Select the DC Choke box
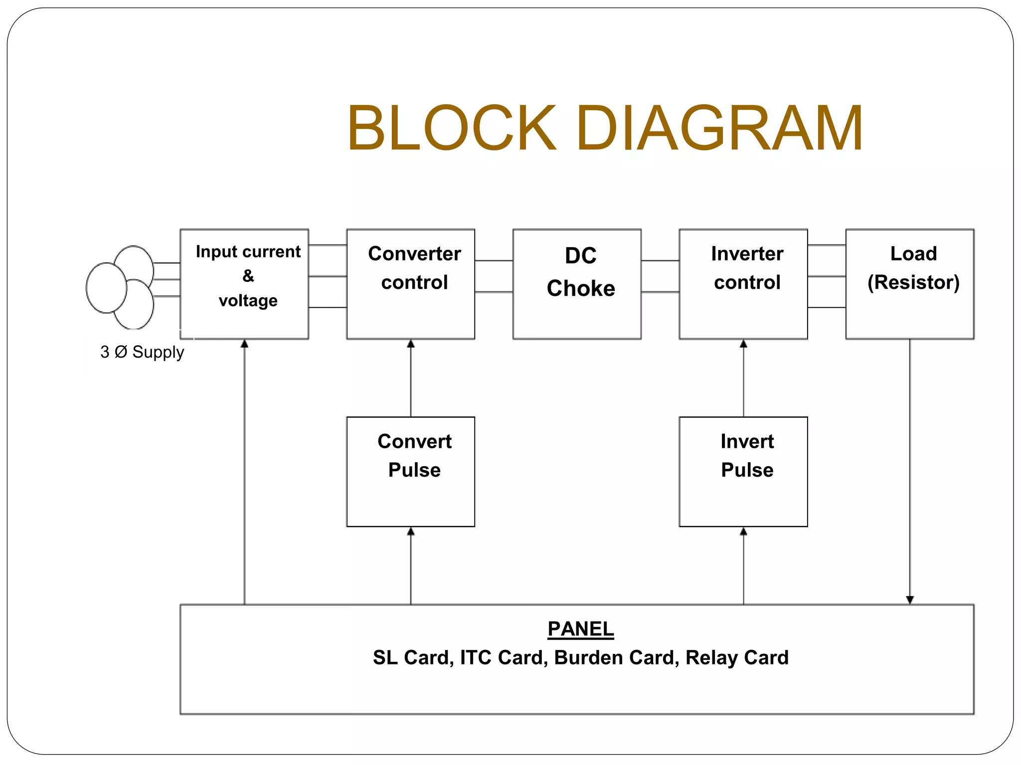point(577,284)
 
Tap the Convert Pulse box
point(411,472)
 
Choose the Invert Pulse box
point(743,472)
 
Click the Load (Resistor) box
point(910,284)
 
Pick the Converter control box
point(411,284)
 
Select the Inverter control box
point(743,284)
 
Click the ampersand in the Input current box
point(248,275)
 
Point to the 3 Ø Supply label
point(142,352)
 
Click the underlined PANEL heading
point(581,629)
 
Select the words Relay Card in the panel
point(737,657)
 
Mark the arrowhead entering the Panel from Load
point(910,600)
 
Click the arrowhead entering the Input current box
point(244,344)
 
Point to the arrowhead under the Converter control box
point(411,344)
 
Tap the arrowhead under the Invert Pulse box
point(743,531)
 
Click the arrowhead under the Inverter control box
point(743,344)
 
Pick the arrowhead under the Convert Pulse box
point(411,531)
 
